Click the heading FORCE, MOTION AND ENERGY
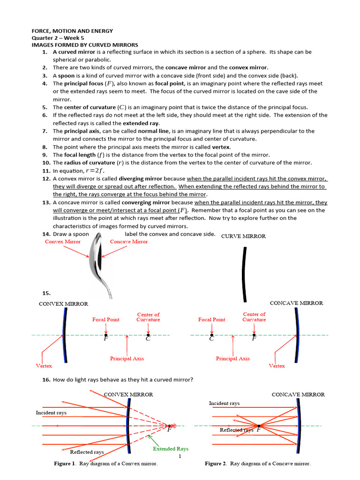tap(72, 31)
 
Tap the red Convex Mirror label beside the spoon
tap(62, 242)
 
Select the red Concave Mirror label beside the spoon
tap(128, 242)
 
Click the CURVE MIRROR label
tap(243, 236)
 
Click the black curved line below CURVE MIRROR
tap(244, 274)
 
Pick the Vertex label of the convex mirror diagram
tap(44, 366)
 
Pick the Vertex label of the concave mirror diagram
tap(277, 366)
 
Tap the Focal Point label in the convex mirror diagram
tap(105, 320)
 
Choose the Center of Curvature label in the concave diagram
tap(254, 317)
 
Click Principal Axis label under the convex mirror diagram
tap(127, 359)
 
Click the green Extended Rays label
tap(171, 449)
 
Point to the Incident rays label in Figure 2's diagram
tap(224, 403)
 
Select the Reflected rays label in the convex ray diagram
tap(87, 452)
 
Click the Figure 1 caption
tap(105, 464)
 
